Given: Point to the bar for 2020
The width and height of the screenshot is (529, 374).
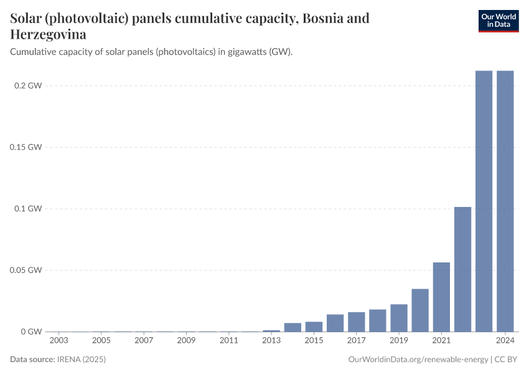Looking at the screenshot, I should click(420, 310).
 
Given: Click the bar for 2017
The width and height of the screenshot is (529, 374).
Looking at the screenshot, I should click(357, 322).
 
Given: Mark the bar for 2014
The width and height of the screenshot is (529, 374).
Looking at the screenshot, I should click(293, 327).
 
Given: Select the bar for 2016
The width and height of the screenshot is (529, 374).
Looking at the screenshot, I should click(335, 323).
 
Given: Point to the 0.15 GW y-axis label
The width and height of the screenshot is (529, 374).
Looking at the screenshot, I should click(27, 147).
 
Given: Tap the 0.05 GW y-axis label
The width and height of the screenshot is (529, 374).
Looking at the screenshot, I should click(27, 271).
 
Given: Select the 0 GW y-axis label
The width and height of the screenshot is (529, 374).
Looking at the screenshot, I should click(31, 332).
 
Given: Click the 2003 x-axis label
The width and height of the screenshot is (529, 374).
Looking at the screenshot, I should click(59, 341).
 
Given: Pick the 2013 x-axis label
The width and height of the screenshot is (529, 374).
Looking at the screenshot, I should click(271, 341).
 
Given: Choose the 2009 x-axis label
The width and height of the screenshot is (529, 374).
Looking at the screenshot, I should click(186, 341).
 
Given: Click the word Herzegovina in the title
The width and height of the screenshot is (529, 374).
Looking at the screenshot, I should click(49, 34).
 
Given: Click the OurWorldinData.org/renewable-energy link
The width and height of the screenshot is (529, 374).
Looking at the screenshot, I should click(418, 360).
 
